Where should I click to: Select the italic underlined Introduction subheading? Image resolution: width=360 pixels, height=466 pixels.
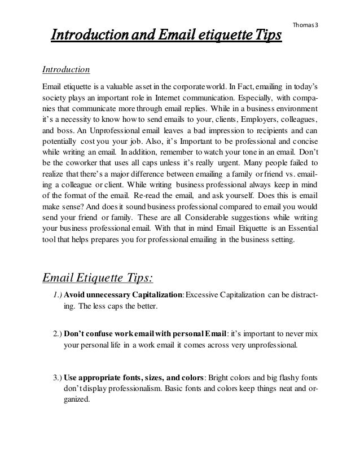point(67,71)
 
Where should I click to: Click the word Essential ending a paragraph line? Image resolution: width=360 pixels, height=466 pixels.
point(299,229)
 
